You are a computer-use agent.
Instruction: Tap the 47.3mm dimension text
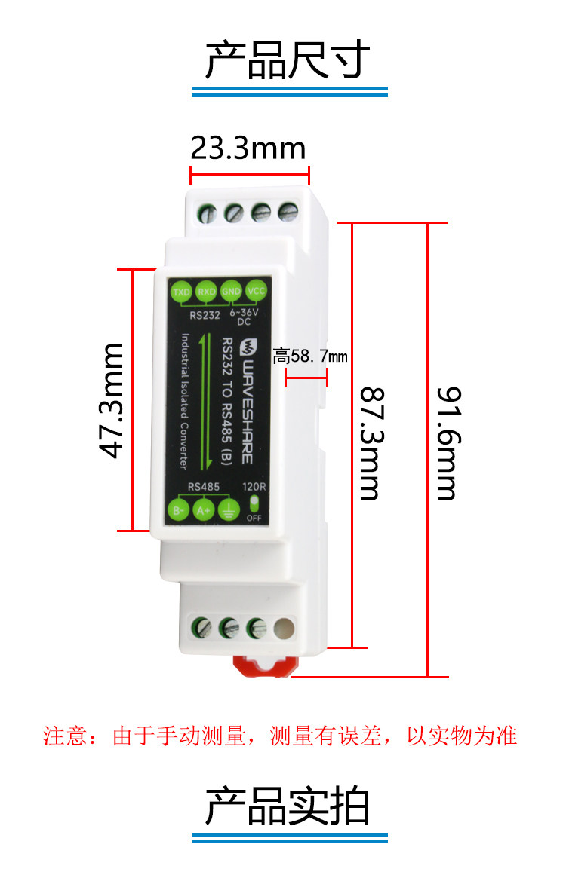point(112,400)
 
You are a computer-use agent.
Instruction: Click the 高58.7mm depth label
point(310,355)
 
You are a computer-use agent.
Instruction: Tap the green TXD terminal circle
point(181,292)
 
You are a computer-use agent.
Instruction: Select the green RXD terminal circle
point(206,292)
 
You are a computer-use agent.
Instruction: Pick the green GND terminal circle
point(231,292)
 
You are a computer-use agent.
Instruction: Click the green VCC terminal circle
point(257,292)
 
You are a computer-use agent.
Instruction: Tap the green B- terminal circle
point(179,510)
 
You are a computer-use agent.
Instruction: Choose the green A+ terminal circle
point(204,510)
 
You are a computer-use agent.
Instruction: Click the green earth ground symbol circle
point(229,510)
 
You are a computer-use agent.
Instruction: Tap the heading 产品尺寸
point(288,60)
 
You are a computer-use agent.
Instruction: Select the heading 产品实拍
point(288,807)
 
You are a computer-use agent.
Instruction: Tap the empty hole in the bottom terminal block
point(285,627)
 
